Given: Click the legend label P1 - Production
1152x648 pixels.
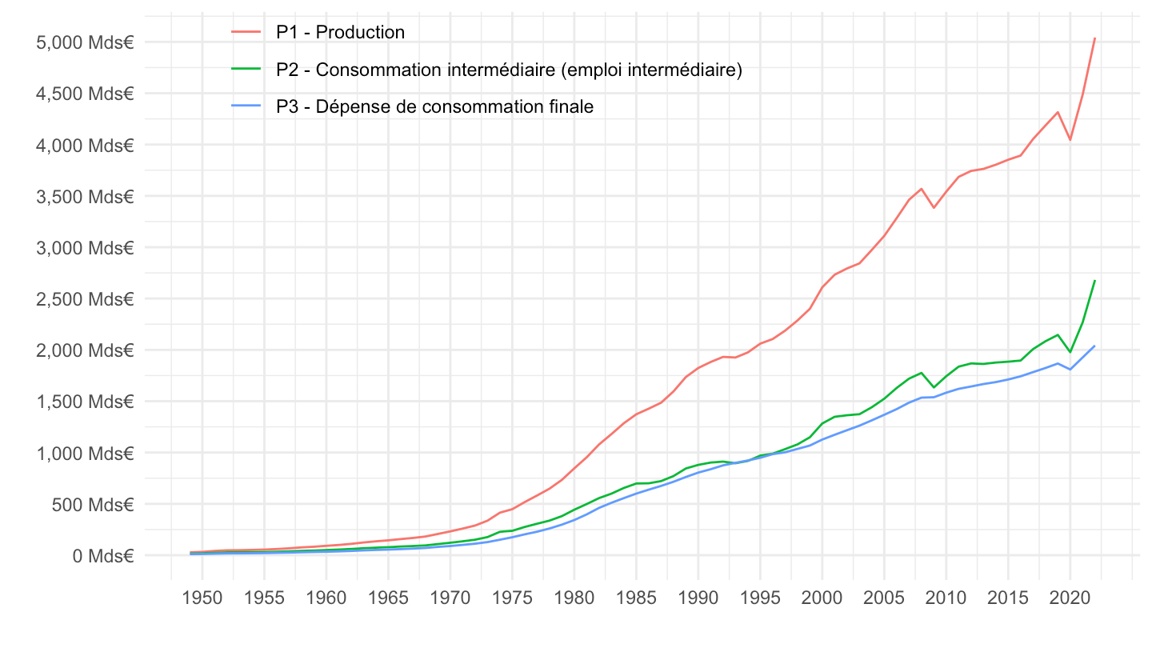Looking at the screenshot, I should coord(340,33).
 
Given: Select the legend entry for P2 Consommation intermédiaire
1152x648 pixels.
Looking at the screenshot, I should coord(509,70).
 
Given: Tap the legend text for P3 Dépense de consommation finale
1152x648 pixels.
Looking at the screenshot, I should coord(434,107).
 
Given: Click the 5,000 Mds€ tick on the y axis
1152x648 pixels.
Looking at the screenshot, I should coord(84,42).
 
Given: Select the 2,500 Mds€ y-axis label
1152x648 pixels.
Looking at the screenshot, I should coord(84,299).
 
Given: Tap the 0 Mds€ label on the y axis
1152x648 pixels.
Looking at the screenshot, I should coord(102,556).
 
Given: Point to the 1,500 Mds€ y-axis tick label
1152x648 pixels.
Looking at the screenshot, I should coord(84,402).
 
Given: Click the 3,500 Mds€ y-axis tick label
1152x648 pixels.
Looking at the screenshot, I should coord(84,197).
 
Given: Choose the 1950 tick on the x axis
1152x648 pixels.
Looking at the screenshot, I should coord(202,598).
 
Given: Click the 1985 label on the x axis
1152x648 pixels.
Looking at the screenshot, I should coord(636,598).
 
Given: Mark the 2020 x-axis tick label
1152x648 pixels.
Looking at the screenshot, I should coord(1070,598).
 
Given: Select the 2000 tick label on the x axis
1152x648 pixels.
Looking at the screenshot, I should coord(822,598).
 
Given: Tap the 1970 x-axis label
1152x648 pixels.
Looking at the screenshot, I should coord(450,598).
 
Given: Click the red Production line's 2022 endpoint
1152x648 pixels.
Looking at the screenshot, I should coord(1094,38).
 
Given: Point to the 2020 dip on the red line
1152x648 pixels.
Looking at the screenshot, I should coord(1070,140).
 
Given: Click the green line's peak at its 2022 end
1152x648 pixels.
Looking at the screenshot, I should coord(1094,281).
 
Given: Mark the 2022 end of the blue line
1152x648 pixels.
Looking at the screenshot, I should coord(1094,346).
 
